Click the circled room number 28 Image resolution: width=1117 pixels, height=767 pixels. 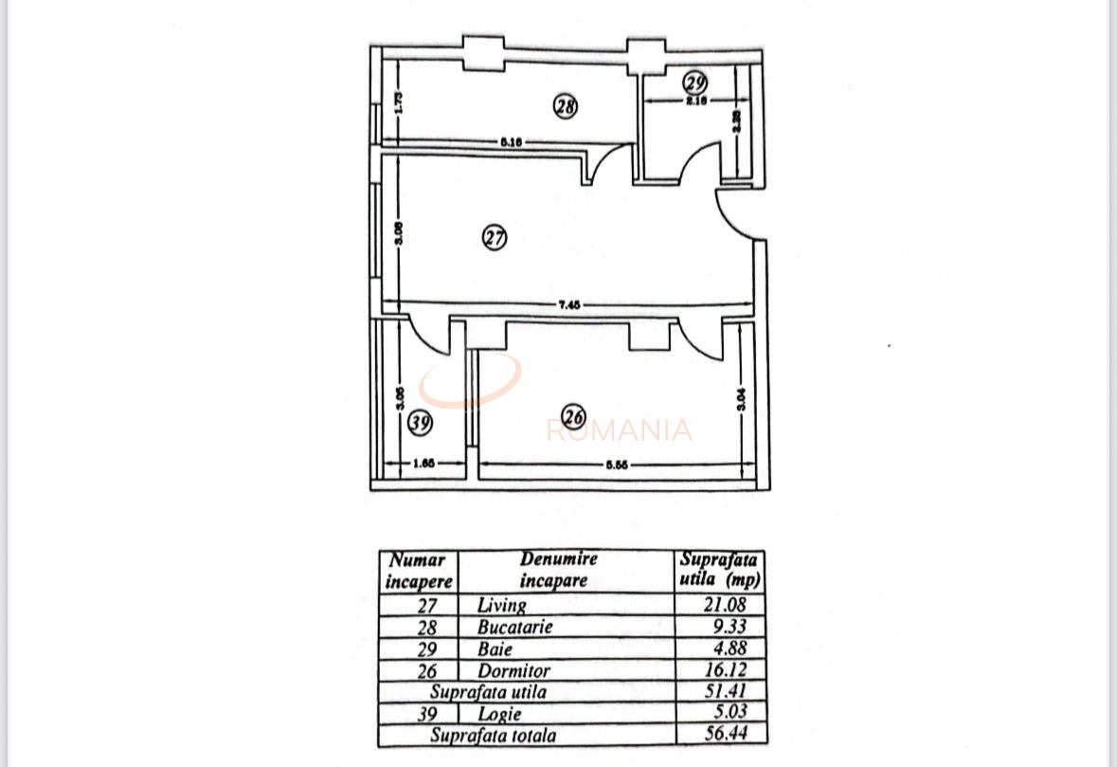(566, 107)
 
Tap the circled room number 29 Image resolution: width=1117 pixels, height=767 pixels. (696, 82)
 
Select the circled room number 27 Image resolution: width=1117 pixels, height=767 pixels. (495, 238)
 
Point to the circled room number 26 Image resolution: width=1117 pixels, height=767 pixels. (573, 416)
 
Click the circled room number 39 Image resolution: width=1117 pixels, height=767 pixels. (420, 423)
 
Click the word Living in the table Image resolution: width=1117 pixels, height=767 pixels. (502, 605)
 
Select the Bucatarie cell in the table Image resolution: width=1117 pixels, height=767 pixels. (515, 627)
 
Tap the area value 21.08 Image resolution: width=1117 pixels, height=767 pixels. (722, 605)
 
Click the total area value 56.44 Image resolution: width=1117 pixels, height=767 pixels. (722, 735)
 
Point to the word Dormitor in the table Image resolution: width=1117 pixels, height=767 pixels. (514, 671)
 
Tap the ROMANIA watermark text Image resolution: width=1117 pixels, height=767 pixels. (620, 431)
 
